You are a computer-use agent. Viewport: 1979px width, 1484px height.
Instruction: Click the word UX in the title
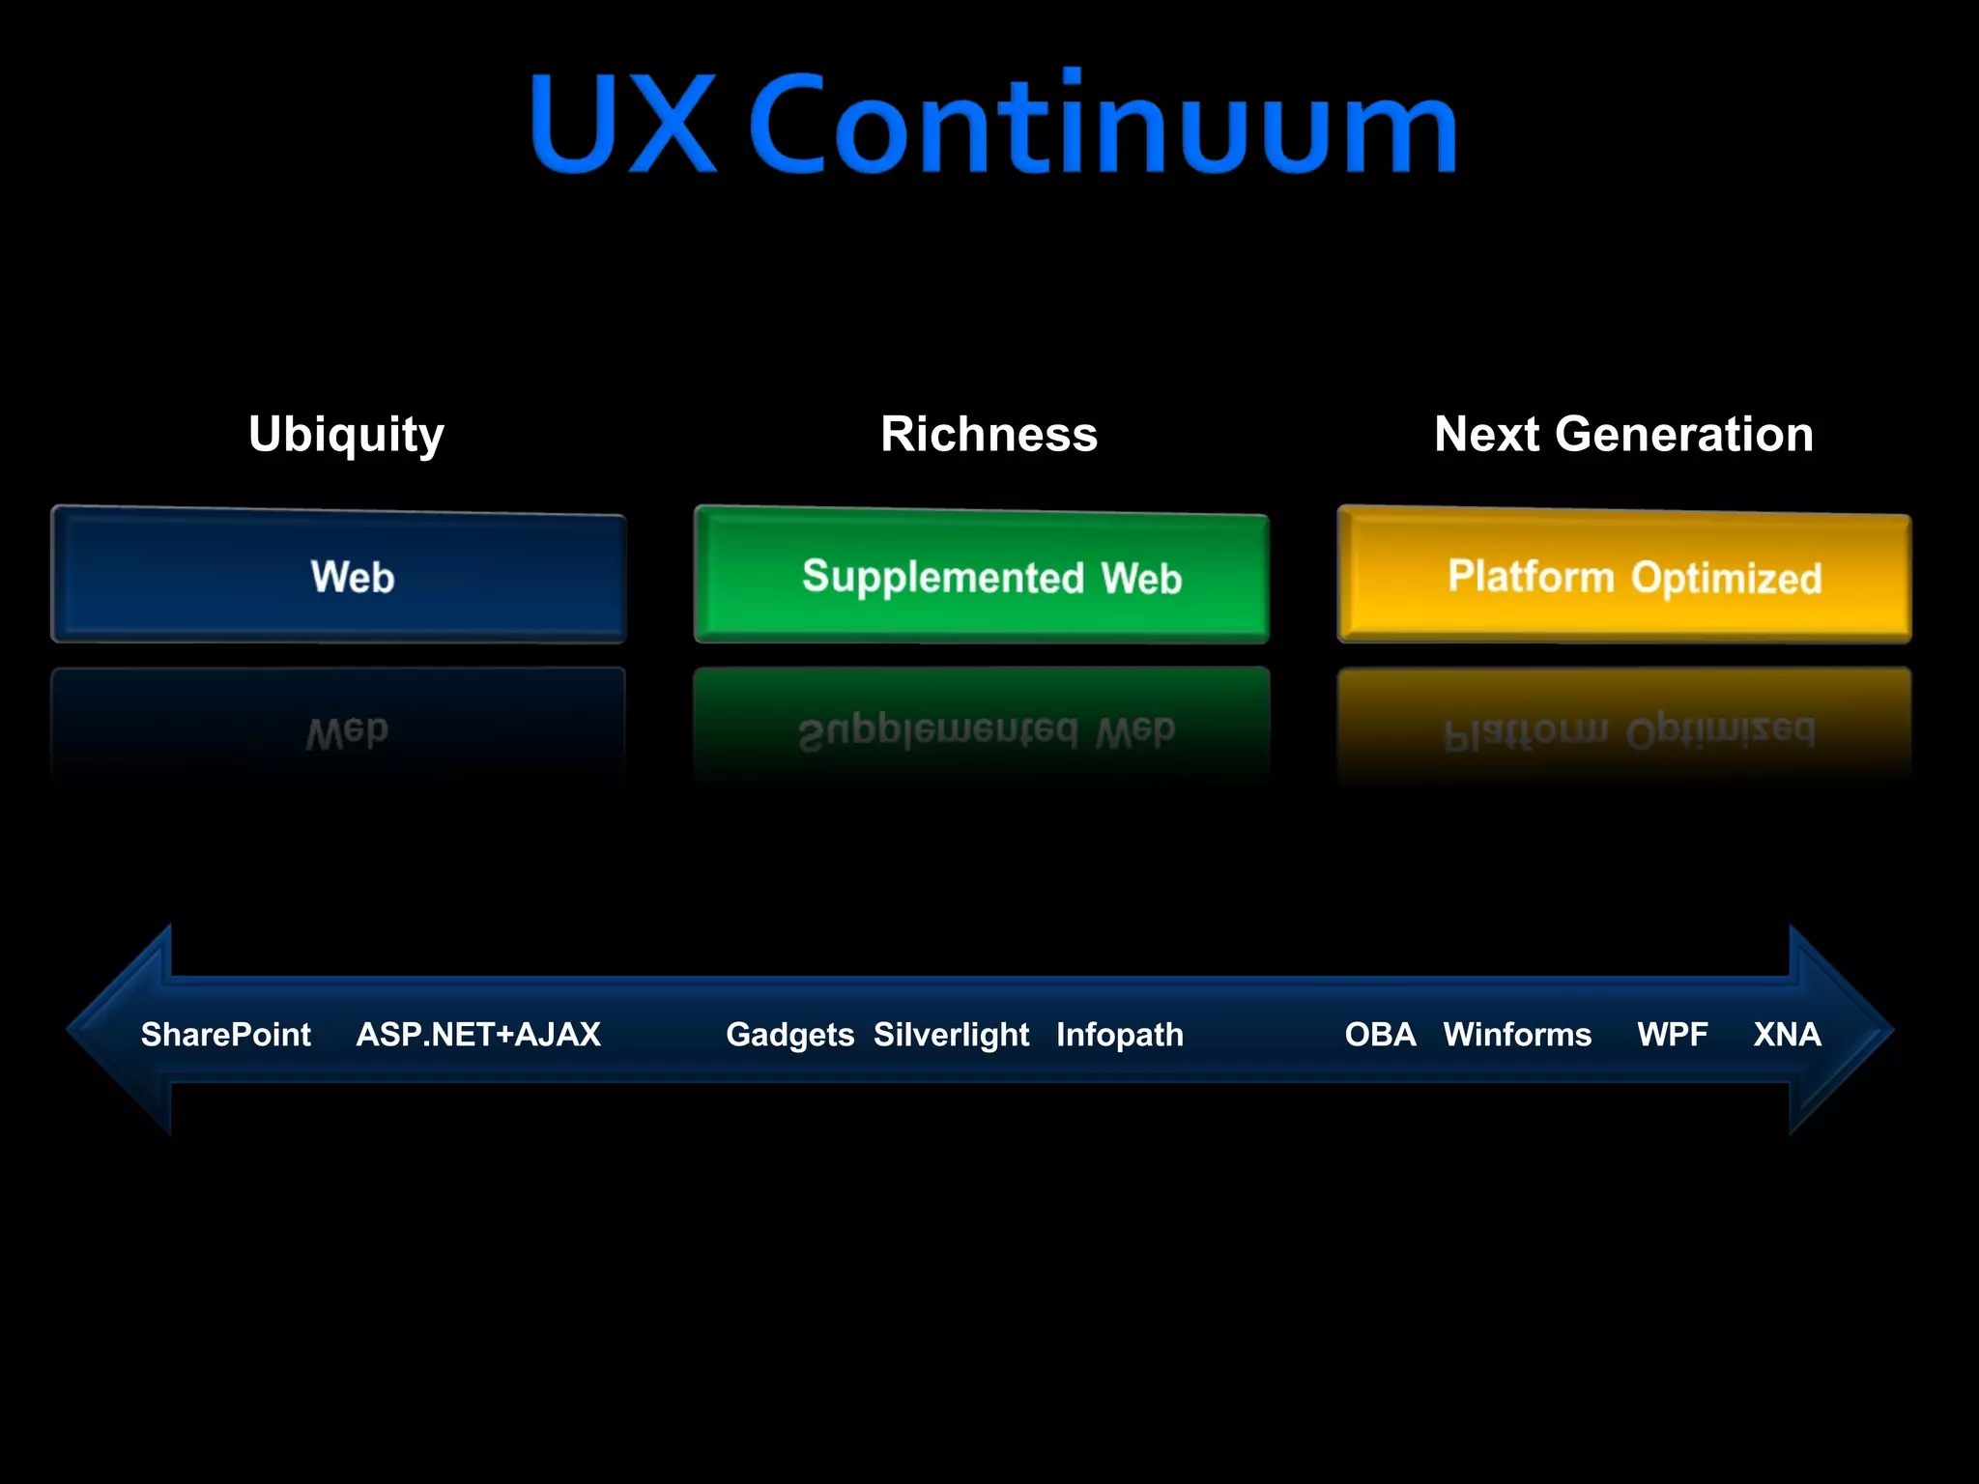[x=622, y=124]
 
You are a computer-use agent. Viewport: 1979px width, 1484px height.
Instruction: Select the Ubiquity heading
[x=346, y=434]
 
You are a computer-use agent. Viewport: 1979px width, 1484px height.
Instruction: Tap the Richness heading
[x=989, y=434]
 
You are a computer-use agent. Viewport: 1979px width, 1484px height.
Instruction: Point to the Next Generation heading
[x=1623, y=434]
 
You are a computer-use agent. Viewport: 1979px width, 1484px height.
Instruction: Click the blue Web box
[x=338, y=576]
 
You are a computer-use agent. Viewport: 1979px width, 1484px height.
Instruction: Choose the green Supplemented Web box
[x=981, y=576]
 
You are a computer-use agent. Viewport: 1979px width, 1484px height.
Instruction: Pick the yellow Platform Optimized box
[x=1623, y=576]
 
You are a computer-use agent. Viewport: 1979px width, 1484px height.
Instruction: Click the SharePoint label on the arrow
[x=225, y=1035]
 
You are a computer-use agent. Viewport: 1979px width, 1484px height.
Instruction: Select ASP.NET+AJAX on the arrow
[x=478, y=1035]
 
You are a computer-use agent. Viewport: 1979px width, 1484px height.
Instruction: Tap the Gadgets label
[x=789, y=1035]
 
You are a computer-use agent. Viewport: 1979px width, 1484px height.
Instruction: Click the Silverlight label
[x=951, y=1035]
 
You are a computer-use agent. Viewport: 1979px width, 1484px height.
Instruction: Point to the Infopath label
[x=1119, y=1035]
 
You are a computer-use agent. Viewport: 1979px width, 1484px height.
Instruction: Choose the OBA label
[x=1380, y=1035]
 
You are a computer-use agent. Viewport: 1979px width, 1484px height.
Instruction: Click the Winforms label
[x=1517, y=1035]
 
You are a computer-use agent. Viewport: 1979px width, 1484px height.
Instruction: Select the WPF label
[x=1672, y=1035]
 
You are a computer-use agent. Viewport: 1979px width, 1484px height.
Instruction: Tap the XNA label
[x=1787, y=1035]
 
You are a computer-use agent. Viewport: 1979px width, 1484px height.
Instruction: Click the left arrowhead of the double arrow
[x=116, y=1030]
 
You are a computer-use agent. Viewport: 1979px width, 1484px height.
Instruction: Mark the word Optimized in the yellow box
[x=1727, y=578]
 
